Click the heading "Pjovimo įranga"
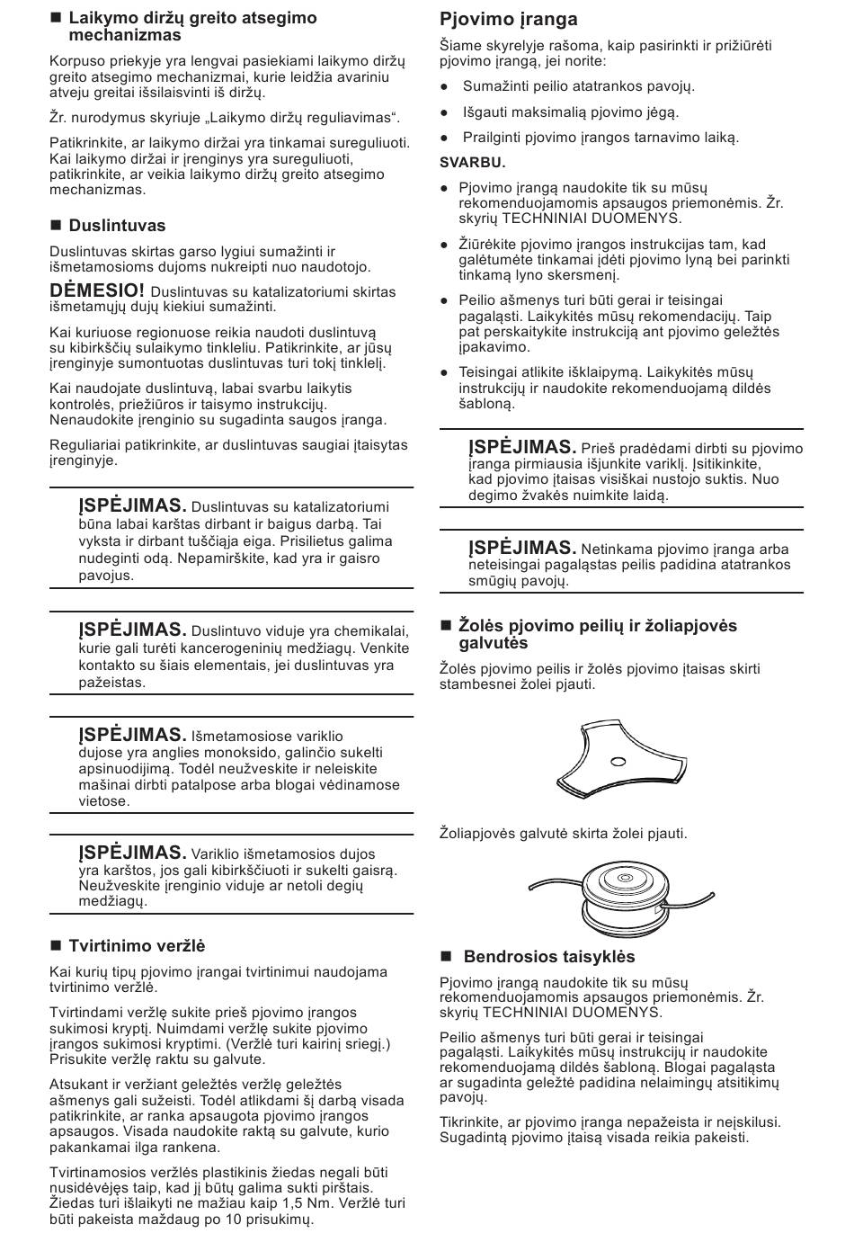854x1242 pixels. click(x=508, y=19)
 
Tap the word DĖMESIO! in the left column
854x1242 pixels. click(x=97, y=290)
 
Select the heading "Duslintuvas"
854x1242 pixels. click(x=117, y=226)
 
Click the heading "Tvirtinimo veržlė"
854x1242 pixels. click(x=137, y=945)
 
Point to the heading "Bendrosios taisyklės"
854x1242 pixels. click(x=548, y=956)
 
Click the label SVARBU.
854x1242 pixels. click(x=473, y=163)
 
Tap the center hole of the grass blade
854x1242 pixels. click(x=617, y=763)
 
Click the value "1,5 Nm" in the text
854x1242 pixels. click(x=309, y=1203)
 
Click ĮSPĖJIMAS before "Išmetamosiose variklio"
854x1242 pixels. click(x=132, y=735)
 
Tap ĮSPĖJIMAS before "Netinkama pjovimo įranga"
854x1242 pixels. click(x=521, y=548)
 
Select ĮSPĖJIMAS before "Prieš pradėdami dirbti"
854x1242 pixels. click(x=521, y=447)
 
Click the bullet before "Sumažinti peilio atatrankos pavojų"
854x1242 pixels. click(x=445, y=87)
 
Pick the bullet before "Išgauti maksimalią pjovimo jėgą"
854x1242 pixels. click(x=445, y=113)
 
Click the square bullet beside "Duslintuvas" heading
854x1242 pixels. click(x=55, y=226)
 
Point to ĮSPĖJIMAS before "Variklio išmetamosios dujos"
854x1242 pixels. click(x=132, y=853)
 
